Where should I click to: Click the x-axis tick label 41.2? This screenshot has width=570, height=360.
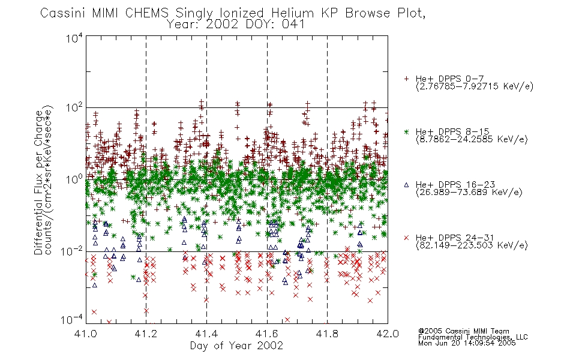145,334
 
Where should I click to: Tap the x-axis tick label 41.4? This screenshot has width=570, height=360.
206,334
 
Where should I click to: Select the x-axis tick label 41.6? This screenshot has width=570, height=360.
267,334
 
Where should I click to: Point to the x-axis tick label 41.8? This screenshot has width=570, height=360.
327,334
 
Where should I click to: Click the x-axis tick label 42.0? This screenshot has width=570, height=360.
388,334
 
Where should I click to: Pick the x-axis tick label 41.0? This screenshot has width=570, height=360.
85,334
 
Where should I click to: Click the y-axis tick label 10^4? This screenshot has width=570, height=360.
74,38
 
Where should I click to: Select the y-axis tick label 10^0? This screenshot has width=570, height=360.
74,180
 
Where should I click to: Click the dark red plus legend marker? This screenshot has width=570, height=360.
406,79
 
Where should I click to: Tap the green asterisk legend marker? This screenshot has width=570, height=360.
406,132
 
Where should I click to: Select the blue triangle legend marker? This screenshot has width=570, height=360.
406,185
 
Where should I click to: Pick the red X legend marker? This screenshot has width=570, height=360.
406,238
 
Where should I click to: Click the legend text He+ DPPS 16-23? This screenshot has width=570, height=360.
455,185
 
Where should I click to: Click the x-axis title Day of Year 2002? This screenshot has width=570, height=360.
236,346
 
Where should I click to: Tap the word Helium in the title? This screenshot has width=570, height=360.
292,13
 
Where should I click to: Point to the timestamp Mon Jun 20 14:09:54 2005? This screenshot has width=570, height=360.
467,343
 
